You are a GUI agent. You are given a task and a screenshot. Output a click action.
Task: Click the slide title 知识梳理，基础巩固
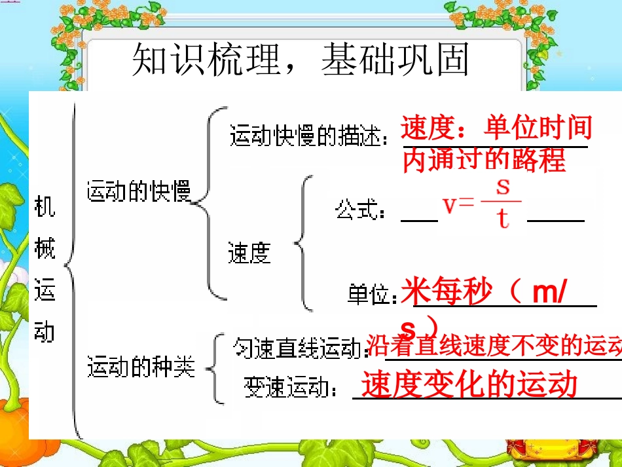point(301,60)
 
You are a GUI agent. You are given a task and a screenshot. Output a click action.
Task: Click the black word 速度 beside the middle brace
point(249,252)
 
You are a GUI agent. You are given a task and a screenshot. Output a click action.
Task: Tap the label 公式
point(360,211)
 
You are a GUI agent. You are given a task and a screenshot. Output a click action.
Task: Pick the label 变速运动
point(291,387)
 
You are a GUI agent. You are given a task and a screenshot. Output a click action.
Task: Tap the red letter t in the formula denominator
point(502,219)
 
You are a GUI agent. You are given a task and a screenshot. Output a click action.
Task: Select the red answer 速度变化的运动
point(469,384)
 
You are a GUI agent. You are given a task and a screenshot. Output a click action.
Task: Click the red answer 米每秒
point(445,292)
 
